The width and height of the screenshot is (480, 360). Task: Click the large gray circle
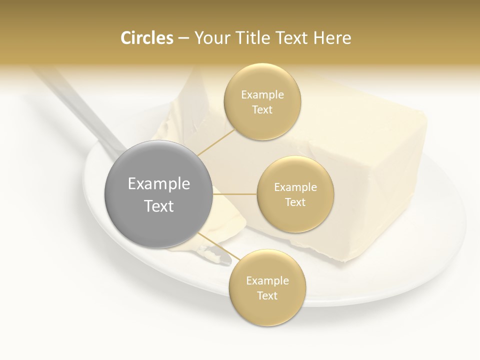[158, 194]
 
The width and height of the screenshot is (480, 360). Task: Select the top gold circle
[262, 102]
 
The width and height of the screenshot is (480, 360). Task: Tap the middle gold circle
[295, 194]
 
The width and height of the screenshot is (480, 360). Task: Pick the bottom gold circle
[267, 288]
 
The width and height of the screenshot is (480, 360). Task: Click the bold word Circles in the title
[147, 38]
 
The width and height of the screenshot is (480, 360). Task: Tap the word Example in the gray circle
[159, 184]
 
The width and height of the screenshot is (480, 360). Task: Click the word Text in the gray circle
[159, 206]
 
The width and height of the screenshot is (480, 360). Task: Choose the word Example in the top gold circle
[262, 95]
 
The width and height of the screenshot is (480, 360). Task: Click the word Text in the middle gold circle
[295, 202]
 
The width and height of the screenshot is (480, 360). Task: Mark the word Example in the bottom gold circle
[267, 281]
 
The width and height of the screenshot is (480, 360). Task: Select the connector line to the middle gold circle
[235, 194]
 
